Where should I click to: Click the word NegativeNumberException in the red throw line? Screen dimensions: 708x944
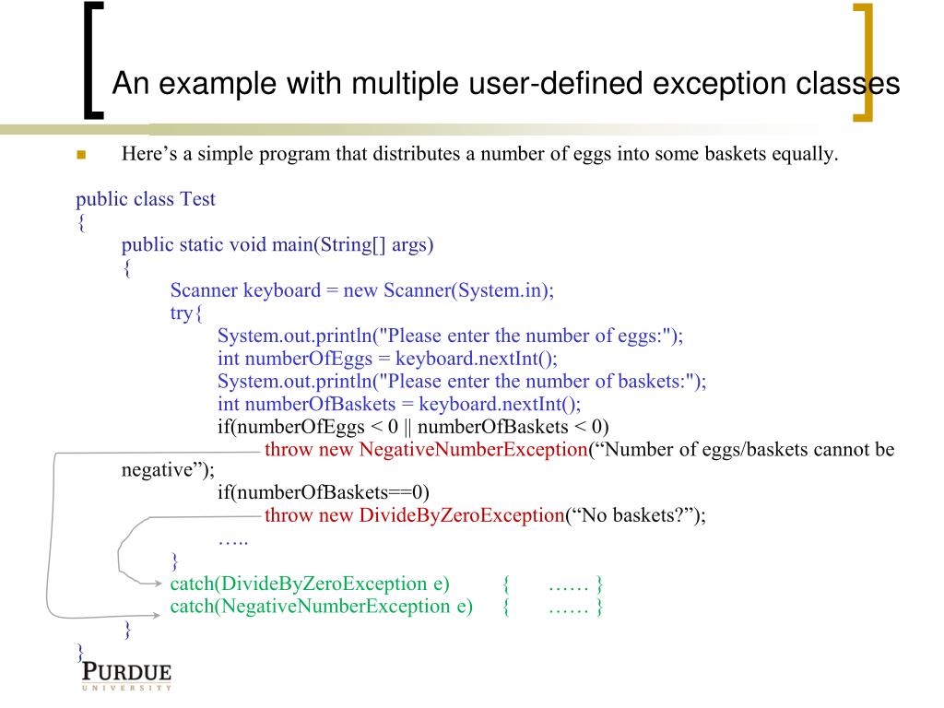[x=473, y=450]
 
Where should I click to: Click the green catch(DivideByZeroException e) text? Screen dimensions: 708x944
[x=310, y=584]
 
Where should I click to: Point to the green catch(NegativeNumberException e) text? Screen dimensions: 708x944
[x=322, y=606]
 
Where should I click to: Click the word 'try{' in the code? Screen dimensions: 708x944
[x=185, y=313]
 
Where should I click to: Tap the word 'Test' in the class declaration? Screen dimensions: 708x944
[x=197, y=198]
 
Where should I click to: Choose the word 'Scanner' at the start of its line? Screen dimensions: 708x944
[x=204, y=290]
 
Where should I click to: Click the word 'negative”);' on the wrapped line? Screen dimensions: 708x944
[x=168, y=470]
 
